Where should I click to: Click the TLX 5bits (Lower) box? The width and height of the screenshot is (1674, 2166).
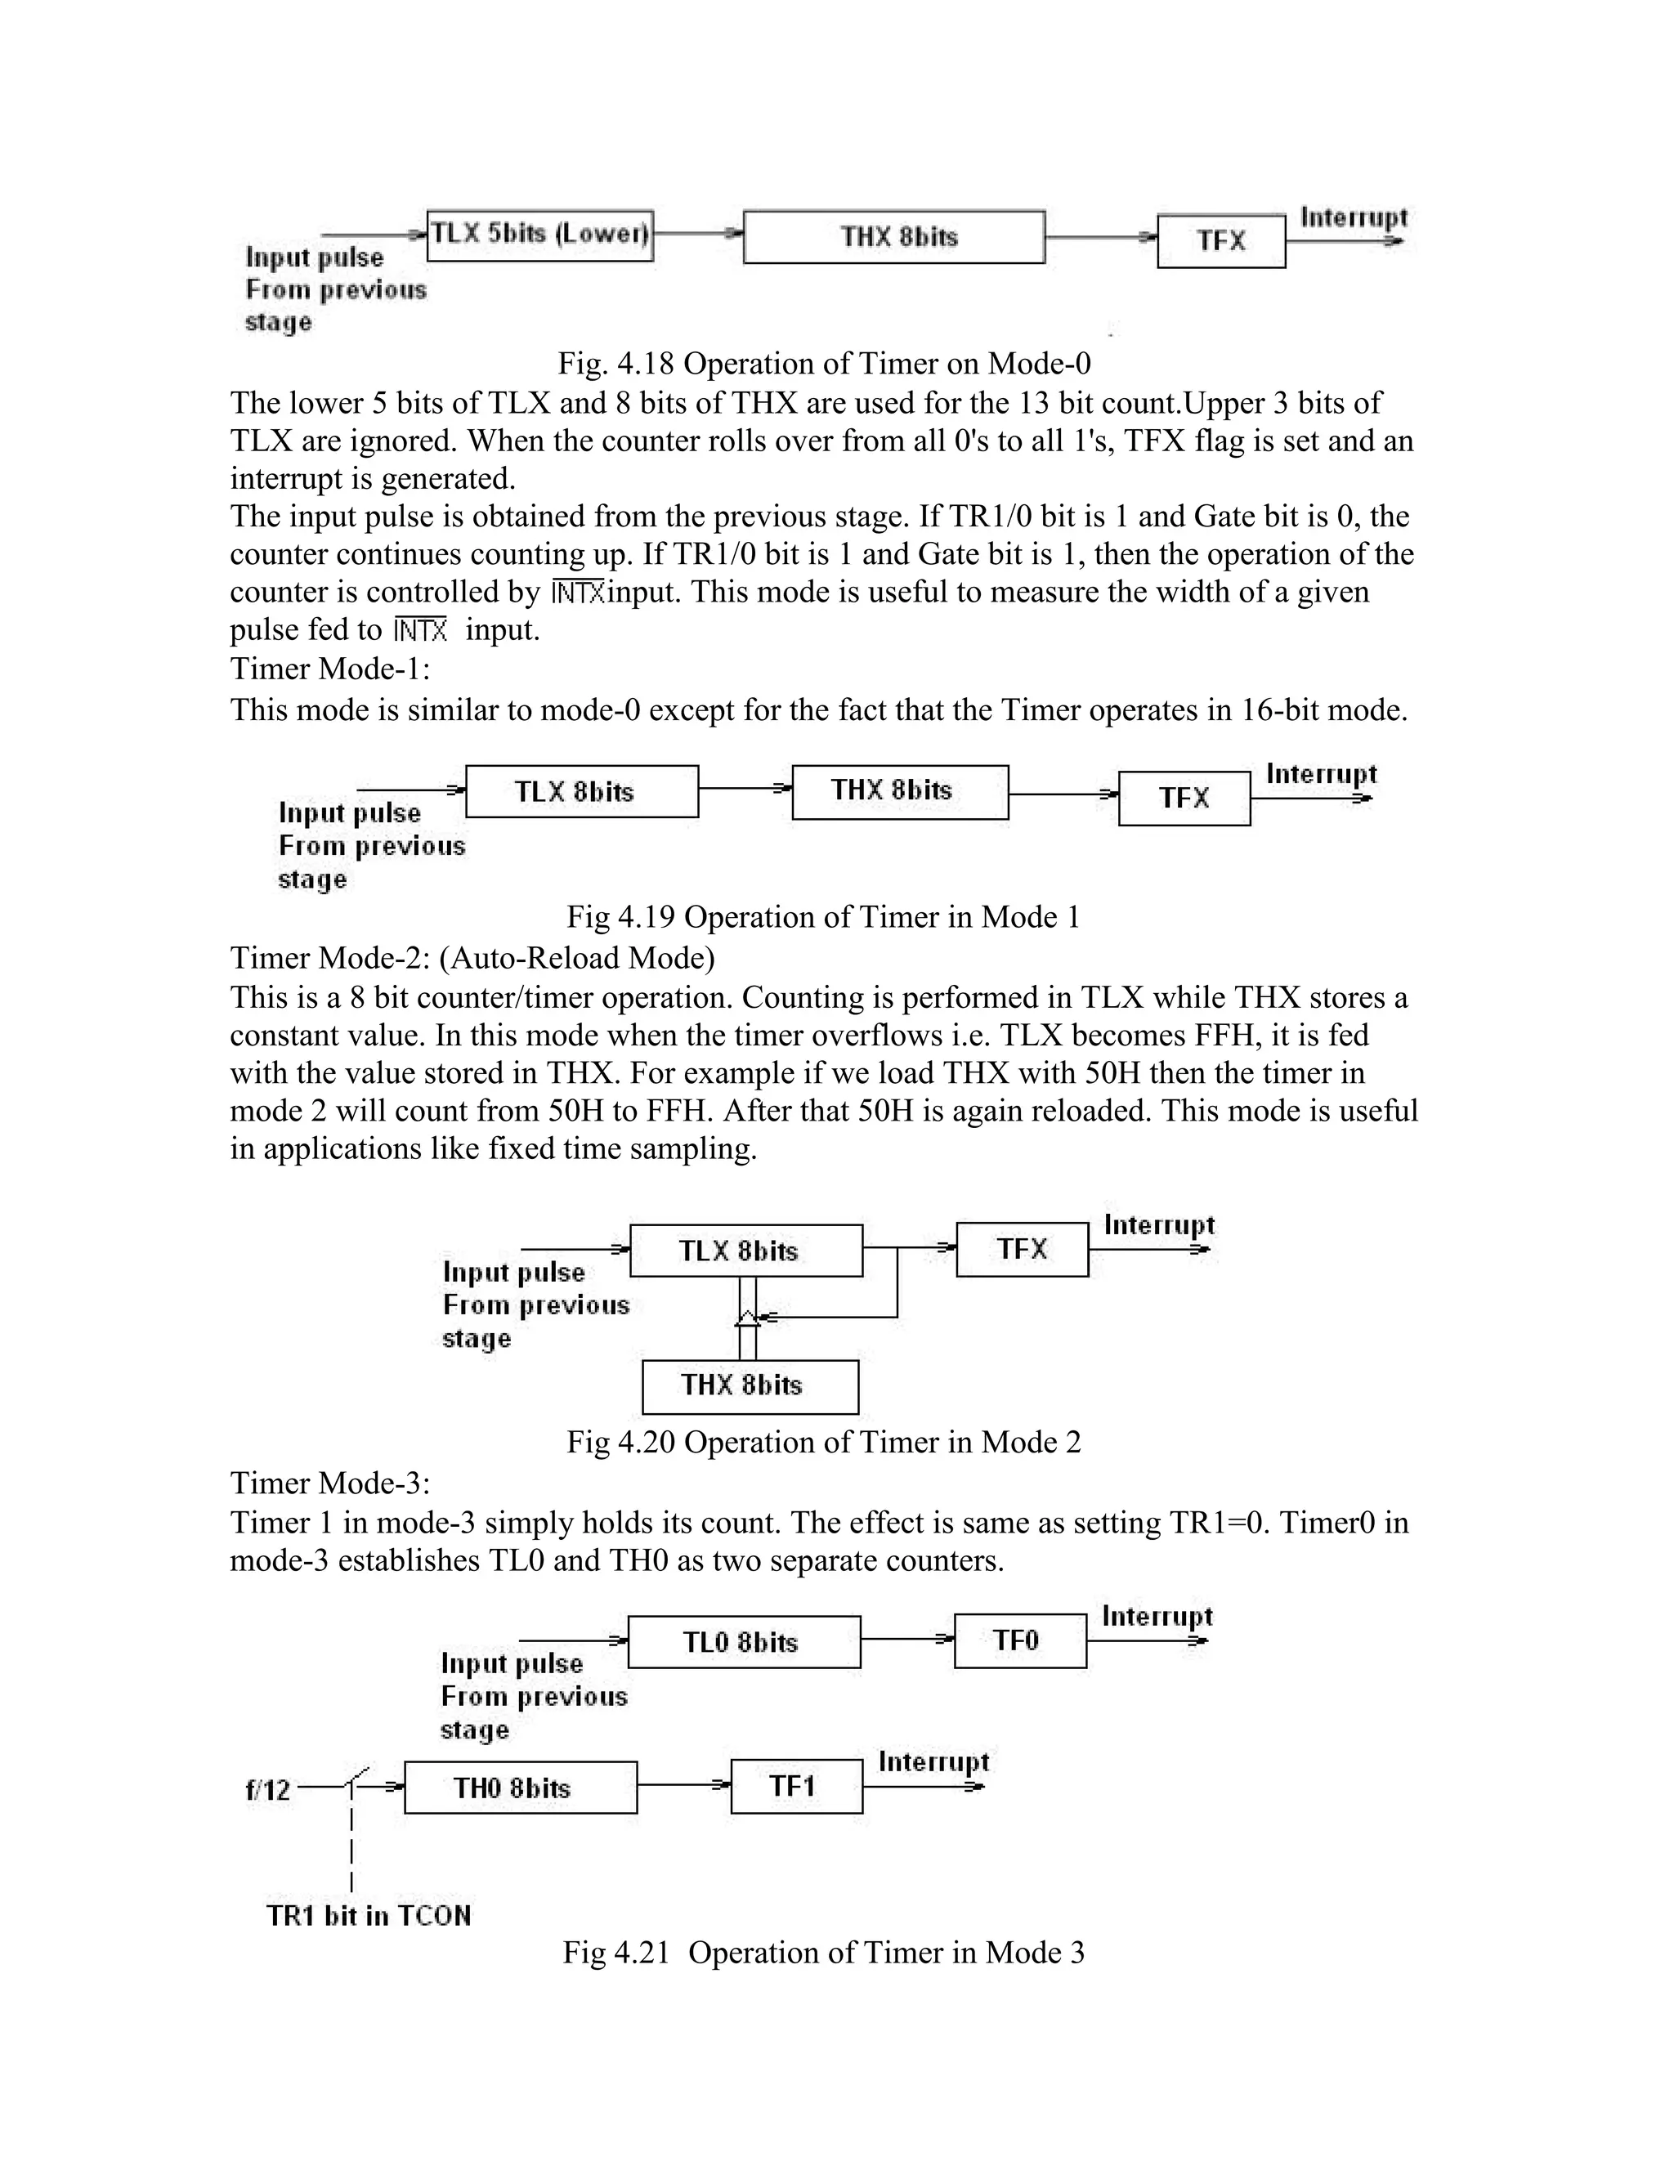(539, 235)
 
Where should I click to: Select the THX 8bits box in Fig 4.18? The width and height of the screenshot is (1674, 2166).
(893, 237)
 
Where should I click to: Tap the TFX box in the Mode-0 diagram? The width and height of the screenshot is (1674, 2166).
(1221, 241)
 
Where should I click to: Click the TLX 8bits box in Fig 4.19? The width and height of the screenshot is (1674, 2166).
(581, 791)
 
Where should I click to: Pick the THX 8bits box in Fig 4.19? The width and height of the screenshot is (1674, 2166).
(899, 791)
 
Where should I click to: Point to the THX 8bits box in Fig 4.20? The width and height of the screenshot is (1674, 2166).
(750, 1385)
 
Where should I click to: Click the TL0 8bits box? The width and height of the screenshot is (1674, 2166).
(744, 1642)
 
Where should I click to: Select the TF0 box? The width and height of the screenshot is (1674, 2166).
(1019, 1640)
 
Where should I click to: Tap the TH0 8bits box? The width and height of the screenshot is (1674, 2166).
(520, 1787)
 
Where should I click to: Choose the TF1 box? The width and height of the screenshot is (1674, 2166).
(795, 1786)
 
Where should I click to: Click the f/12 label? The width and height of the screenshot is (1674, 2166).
(268, 1790)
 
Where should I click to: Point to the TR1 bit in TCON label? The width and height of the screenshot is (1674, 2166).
(368, 1915)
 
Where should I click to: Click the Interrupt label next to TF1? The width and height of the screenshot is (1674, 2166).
(933, 1761)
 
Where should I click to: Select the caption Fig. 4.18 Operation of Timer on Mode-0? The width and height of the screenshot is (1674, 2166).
(824, 364)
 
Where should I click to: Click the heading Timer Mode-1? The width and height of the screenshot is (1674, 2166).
(330, 669)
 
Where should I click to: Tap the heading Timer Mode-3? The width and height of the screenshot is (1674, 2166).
(330, 1483)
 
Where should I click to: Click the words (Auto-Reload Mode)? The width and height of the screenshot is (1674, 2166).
(577, 957)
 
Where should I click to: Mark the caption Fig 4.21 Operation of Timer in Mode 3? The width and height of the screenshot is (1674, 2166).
(823, 1953)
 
